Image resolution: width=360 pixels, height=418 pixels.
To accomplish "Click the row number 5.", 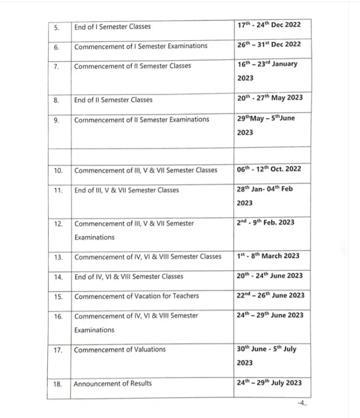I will pyautogui.click(x=56, y=27).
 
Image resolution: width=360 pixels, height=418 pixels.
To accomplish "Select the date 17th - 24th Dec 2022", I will pyautogui.click(x=269, y=25).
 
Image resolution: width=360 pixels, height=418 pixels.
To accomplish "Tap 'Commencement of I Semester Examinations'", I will pyautogui.click(x=140, y=46).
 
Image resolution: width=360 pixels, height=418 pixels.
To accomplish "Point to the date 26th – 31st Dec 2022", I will pyautogui.click(x=269, y=45).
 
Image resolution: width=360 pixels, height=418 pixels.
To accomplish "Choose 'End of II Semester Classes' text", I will pyautogui.click(x=113, y=100).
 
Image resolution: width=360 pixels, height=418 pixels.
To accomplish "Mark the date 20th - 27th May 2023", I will pyautogui.click(x=270, y=98).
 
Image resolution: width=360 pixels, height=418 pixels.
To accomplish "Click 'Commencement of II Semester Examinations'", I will pyautogui.click(x=141, y=119).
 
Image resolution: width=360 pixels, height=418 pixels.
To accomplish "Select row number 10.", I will pyautogui.click(x=58, y=171).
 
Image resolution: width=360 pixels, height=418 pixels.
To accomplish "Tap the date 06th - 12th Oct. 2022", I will pyautogui.click(x=269, y=169).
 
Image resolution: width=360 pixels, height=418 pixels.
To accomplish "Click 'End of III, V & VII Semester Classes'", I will pyautogui.click(x=126, y=190).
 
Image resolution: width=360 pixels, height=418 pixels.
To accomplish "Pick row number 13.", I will pyautogui.click(x=58, y=257).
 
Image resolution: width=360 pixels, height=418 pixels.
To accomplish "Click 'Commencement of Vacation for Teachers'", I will pyautogui.click(x=136, y=296).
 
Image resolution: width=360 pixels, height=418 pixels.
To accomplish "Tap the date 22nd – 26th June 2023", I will pyautogui.click(x=270, y=296).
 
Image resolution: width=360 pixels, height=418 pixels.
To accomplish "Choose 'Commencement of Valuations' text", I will pyautogui.click(x=119, y=350).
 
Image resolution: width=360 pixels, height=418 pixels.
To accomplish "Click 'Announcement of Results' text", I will pyautogui.click(x=113, y=384).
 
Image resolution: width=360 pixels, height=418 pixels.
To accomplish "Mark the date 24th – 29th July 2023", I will pyautogui.click(x=269, y=383).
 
